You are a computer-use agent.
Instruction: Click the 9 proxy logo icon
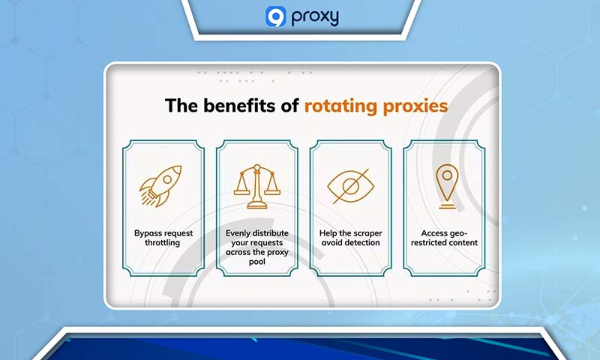pyautogui.click(x=275, y=16)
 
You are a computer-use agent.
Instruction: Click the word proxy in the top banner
pyautogui.click(x=313, y=17)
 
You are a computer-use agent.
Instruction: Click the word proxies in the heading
pyautogui.click(x=414, y=106)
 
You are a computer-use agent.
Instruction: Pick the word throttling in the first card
pyautogui.click(x=163, y=243)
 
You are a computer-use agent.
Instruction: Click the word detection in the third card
pyautogui.click(x=364, y=243)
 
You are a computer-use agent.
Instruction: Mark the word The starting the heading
pyautogui.click(x=180, y=106)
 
